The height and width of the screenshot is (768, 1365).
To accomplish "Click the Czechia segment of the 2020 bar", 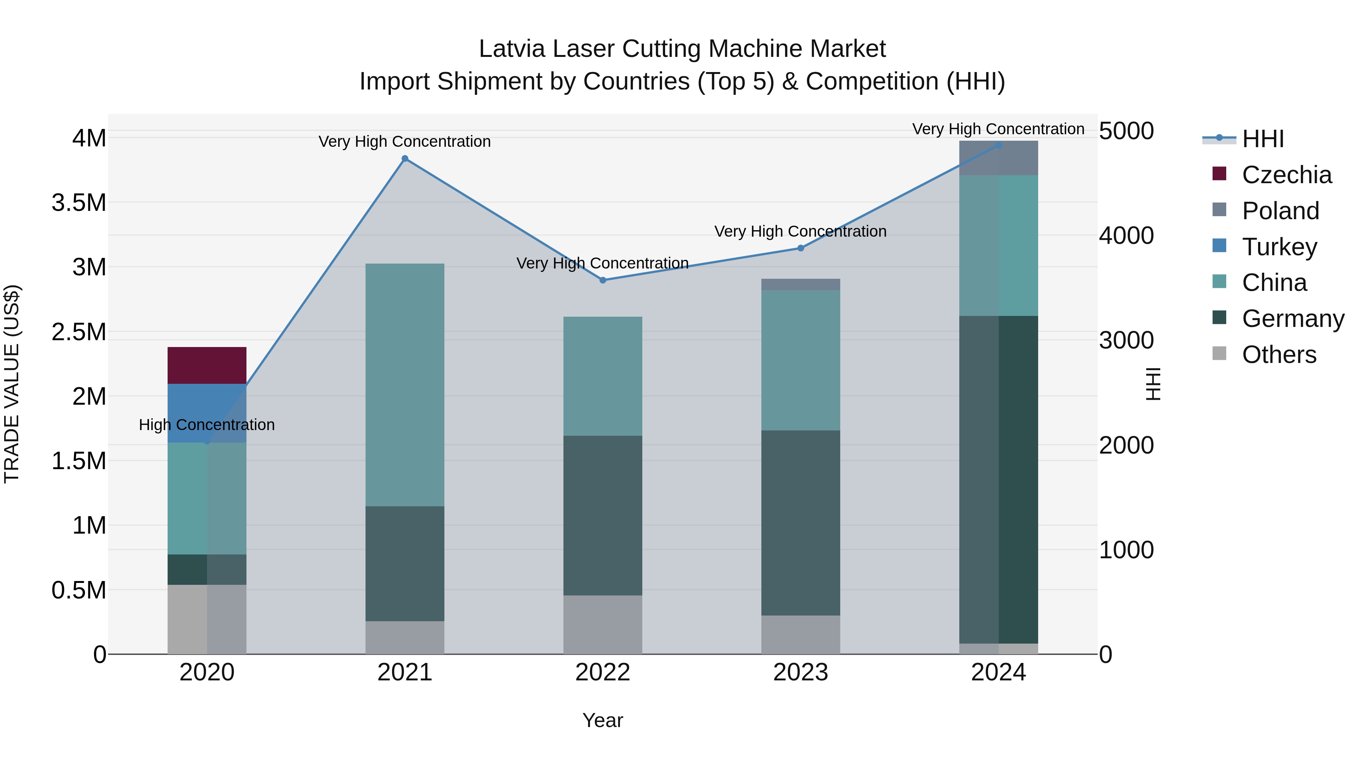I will click(x=207, y=365).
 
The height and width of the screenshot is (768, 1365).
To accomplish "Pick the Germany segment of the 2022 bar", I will click(x=602, y=515).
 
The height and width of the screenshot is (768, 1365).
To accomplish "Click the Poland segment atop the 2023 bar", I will click(x=801, y=284).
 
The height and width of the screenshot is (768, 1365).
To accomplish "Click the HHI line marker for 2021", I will click(x=405, y=159).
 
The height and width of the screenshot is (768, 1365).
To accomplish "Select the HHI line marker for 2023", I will click(x=801, y=248).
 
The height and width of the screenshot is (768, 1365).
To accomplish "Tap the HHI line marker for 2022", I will click(x=602, y=280).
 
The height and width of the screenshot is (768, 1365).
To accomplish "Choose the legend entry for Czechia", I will click(x=1286, y=175).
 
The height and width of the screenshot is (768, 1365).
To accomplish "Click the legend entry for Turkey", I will click(x=1279, y=247).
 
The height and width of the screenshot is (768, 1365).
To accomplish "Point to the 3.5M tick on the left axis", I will click(x=79, y=203).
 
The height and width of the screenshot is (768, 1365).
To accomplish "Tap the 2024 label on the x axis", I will click(x=998, y=672).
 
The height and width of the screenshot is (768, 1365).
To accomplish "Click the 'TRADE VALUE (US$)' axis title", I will click(x=12, y=384).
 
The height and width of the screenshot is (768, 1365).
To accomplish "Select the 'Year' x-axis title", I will click(x=602, y=720).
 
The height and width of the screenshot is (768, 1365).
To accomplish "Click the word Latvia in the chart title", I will click(x=512, y=49).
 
